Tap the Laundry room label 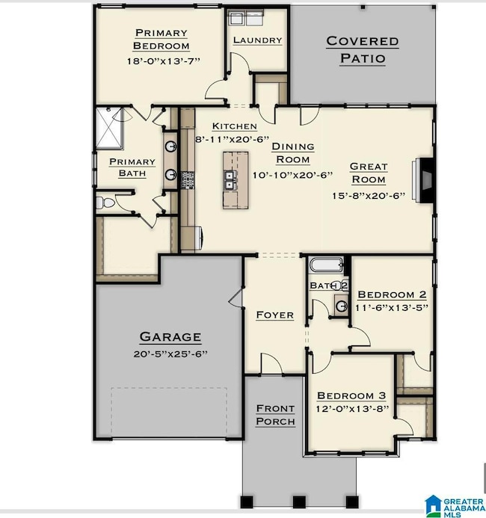click(257, 40)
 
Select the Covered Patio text click(362, 49)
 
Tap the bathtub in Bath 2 click(326, 265)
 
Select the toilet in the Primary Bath click(105, 203)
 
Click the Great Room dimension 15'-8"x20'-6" click(368, 196)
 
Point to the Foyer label click(274, 315)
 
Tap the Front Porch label click(275, 414)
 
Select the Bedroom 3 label click(351, 395)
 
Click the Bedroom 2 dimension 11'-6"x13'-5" click(391, 307)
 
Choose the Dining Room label click(292, 152)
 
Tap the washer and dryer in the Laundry click(244, 20)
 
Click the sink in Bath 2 click(340, 305)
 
